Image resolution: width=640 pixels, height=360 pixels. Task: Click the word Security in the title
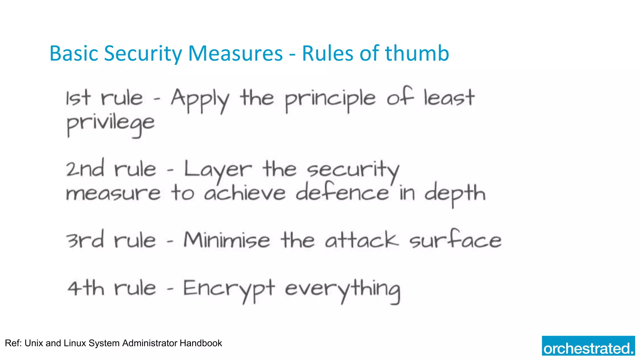coord(143,53)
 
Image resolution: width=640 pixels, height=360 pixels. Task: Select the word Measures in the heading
coord(235,53)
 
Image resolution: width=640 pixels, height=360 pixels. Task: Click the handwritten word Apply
coord(200,99)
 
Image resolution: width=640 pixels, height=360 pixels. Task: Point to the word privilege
coord(111,124)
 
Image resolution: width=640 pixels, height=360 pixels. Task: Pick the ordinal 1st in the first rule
coord(78,98)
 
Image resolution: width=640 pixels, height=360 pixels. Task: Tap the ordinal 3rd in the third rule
coord(85,241)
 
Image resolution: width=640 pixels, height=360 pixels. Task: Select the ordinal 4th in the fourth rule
coord(86,288)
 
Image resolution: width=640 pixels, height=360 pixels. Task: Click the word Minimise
coord(227,241)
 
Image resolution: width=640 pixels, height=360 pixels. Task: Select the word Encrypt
coord(229,289)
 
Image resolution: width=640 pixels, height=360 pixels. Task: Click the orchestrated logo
coord(588,346)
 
